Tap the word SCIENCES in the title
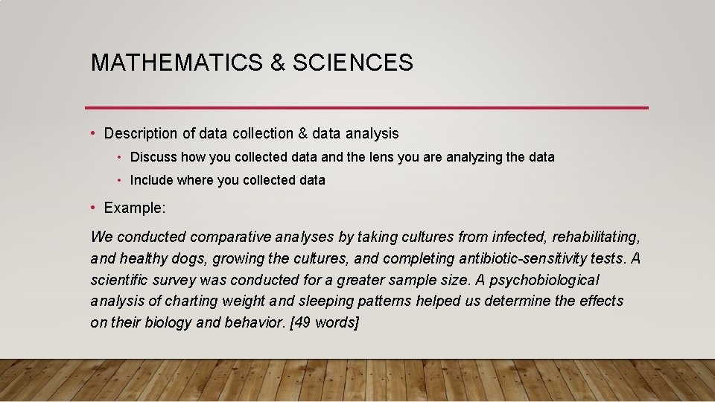tap(353, 63)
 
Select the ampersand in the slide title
tap(277, 63)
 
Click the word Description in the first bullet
tap(141, 134)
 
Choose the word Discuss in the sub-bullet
tap(153, 158)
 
